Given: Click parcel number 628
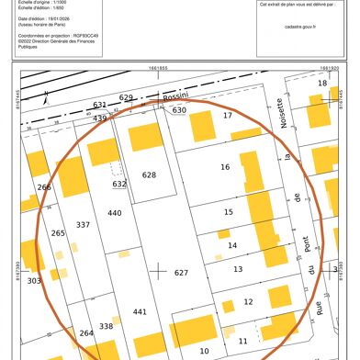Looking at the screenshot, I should point(149,174).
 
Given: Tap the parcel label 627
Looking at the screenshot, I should point(181,273).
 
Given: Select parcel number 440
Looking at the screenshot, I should point(114,213).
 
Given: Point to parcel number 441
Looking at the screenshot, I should point(140,312).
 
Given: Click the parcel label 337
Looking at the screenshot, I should point(83,225).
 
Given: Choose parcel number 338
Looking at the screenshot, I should point(106,326).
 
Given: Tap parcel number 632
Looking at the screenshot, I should point(119,184).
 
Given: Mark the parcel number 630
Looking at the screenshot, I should point(179,110).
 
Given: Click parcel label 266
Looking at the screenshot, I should point(43,187).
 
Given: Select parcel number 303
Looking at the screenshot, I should point(34,281).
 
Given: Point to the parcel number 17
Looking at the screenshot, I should point(228,116).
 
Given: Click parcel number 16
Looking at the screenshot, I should point(225,167).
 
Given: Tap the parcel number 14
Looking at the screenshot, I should point(232,245).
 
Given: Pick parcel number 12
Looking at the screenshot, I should point(248,301).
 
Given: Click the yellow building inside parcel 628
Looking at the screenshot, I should point(144,138).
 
